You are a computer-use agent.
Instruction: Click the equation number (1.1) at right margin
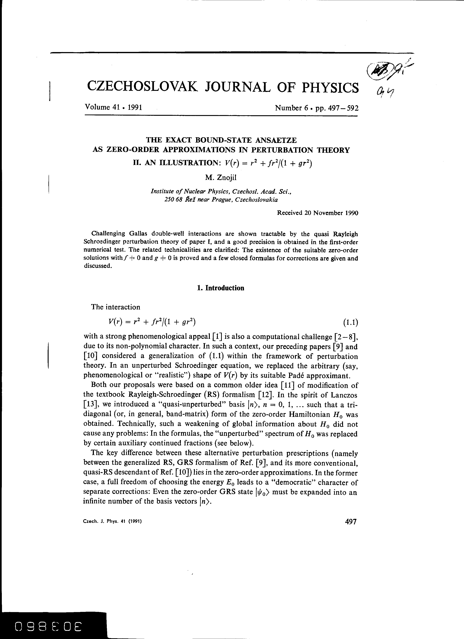point(350,322)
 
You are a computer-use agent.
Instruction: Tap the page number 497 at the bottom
point(350,522)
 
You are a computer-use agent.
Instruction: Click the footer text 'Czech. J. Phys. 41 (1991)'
point(112,522)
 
